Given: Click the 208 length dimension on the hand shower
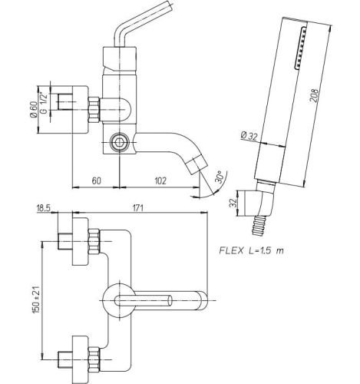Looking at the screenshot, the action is tap(315, 95).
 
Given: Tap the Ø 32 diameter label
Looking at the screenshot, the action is tap(249, 136).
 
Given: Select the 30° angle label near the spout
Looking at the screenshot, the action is tap(220, 177).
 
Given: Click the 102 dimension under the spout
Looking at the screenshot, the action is tap(160, 180).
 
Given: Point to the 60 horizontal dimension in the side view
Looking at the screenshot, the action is tap(96, 180).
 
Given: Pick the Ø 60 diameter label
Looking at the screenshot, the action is tap(34, 109).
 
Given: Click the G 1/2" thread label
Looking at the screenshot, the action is tap(44, 104).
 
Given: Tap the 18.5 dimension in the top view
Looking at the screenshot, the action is tap(43, 208).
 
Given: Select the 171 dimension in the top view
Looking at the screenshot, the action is tap(137, 208).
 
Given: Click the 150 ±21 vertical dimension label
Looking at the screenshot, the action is tap(36, 299).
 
